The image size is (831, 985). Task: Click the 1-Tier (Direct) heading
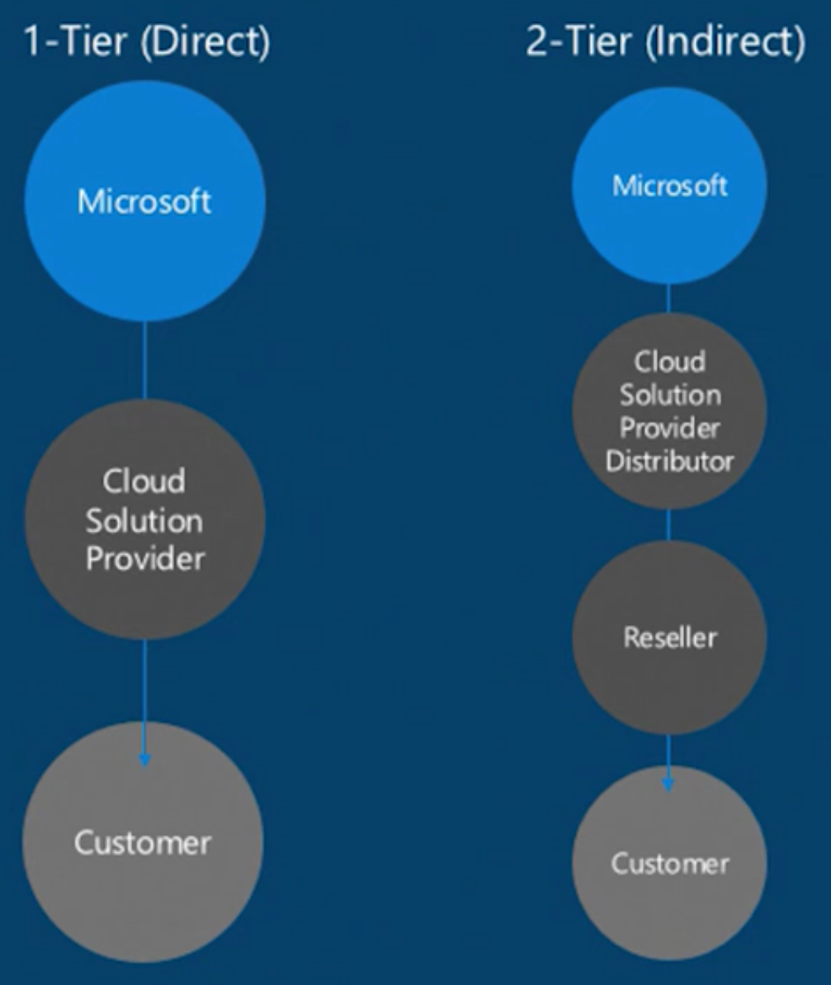point(147,41)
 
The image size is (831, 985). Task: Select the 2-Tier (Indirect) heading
point(665,41)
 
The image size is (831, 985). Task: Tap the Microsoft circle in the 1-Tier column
point(144,201)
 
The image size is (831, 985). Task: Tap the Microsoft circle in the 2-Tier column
point(669,186)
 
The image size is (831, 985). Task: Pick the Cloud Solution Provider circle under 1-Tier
point(144,519)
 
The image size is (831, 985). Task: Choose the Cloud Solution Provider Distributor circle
point(669,410)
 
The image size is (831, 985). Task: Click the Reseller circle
point(669,637)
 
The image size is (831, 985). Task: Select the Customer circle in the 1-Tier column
point(143,842)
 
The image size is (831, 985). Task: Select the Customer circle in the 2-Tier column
point(669,864)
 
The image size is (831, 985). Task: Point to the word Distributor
point(669,461)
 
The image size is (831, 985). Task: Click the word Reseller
point(669,637)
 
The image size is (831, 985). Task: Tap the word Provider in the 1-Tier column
point(145,559)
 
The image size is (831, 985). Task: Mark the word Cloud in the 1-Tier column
point(144,481)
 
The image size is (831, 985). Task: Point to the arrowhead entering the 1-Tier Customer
point(145,759)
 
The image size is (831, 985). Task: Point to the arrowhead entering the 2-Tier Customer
point(668,783)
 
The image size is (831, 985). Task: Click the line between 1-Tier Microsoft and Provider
point(145,360)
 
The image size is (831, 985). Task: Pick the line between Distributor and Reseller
point(668,525)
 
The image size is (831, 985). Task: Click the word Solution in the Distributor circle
point(669,395)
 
